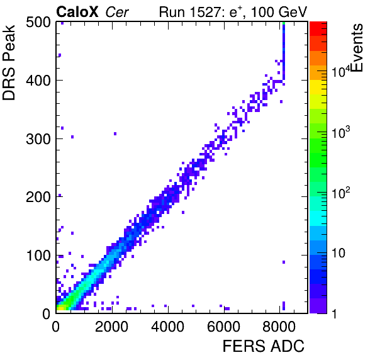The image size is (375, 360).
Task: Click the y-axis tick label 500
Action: tap(38, 23)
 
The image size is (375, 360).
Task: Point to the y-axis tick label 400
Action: tap(38, 81)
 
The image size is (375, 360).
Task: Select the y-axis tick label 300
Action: tap(38, 139)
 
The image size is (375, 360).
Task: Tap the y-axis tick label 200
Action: tap(38, 198)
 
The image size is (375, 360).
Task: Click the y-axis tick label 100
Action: tap(38, 256)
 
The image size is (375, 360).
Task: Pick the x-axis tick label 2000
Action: tap(112, 327)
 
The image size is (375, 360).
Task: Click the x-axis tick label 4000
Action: tap(167, 327)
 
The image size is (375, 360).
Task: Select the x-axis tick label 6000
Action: tap(223, 327)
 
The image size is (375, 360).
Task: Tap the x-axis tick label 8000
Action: tap(279, 327)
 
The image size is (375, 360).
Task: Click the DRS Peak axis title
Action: tap(9, 62)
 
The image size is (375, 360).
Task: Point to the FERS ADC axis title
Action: tap(264, 346)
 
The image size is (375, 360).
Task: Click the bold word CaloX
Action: tap(77, 12)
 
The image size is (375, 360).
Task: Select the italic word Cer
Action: tap(117, 12)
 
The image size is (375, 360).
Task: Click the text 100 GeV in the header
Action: tap(279, 12)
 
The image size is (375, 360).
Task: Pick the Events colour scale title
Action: tap(357, 48)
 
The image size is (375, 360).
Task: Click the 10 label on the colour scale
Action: tap(339, 253)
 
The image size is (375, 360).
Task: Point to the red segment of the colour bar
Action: tap(318, 29)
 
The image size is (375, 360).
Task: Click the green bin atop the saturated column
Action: tap(284, 23)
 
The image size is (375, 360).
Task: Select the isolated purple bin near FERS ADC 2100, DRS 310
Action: tap(115, 133)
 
